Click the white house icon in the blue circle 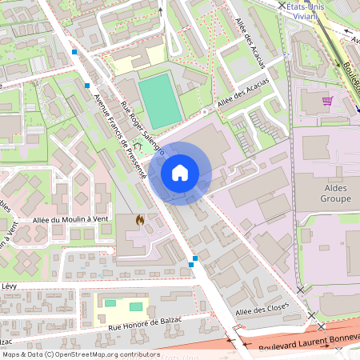(x=180, y=172)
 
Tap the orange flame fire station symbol (x=140, y=218)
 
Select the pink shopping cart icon (x=326, y=101)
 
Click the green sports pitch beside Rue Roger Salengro (x=160, y=99)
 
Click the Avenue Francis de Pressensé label (x=119, y=136)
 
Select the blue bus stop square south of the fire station (x=194, y=258)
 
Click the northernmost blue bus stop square (x=74, y=52)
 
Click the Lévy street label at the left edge (x=9, y=286)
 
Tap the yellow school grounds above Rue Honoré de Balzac (x=120, y=306)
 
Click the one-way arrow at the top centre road (x=160, y=12)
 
